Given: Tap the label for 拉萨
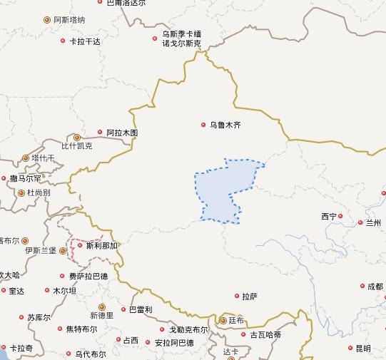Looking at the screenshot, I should (x=250, y=296).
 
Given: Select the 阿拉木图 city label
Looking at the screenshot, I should (x=122, y=133).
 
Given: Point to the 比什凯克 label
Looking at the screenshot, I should (x=76, y=146).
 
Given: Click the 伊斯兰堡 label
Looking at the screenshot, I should (x=40, y=251).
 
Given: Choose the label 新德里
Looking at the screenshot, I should (x=101, y=315).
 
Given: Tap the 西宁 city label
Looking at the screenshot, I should (x=329, y=216).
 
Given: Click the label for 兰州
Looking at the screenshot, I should (x=374, y=222).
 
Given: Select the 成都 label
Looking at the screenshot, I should (x=375, y=287).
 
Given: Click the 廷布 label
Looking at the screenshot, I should (x=235, y=321).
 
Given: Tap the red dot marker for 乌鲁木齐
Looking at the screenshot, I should (x=203, y=125).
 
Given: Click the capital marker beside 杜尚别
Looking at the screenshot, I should (x=22, y=192).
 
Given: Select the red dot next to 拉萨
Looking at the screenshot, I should (x=237, y=296).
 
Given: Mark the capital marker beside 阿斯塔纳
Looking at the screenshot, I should (x=47, y=20).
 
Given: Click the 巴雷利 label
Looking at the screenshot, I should (x=140, y=309).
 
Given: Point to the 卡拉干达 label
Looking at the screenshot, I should (x=85, y=41).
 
